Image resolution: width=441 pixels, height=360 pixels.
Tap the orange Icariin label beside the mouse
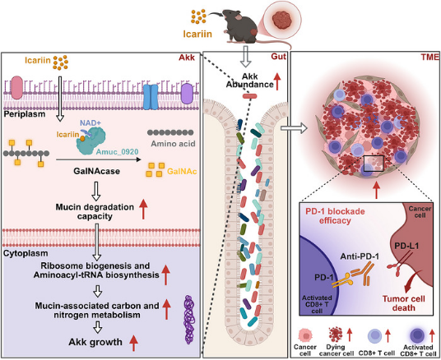pos(197,35)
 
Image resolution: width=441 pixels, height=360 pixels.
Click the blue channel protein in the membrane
pos(151,97)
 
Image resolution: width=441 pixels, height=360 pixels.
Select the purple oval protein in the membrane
pos(186,94)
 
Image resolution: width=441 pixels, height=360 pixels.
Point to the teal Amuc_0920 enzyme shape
pos(91,141)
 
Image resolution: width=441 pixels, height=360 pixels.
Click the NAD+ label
pos(91,122)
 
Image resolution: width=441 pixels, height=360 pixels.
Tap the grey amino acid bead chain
pos(170,132)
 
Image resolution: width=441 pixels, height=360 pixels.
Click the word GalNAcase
pos(96,171)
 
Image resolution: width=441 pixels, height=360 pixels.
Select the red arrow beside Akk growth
pos(133,343)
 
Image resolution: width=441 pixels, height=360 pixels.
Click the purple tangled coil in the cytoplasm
pos(190,320)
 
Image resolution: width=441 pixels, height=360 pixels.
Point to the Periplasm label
pos(24,113)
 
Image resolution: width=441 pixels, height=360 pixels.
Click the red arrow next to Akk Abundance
pos(277,81)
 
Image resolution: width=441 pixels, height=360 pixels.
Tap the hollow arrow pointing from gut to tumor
pos(294,128)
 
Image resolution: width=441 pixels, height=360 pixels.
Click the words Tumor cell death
pos(404,303)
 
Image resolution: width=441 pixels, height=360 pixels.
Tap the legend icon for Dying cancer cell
pos(336,335)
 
